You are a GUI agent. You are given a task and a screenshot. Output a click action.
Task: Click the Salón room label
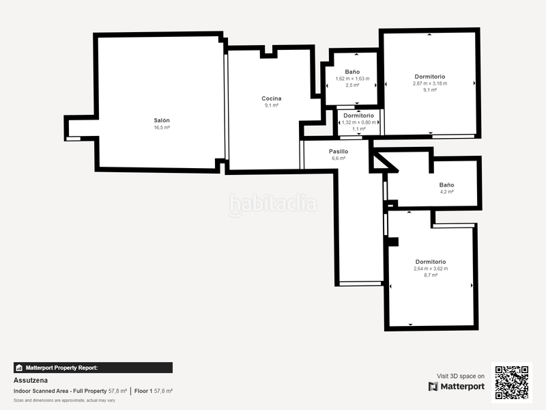[x=162, y=120]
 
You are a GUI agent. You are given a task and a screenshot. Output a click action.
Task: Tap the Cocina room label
[x=271, y=98]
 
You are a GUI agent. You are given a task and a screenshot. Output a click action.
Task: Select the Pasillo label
[x=339, y=151]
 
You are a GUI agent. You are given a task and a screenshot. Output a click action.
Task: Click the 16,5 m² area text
[x=162, y=128]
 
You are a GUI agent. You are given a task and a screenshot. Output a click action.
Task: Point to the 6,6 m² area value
[x=339, y=159]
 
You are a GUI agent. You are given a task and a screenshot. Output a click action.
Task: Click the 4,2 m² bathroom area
[x=447, y=192]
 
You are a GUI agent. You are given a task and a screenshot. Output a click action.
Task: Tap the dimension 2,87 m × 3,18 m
[x=430, y=83]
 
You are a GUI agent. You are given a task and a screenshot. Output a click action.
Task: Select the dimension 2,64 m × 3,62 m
[x=431, y=269]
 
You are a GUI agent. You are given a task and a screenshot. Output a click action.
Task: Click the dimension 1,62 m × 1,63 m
[x=352, y=79]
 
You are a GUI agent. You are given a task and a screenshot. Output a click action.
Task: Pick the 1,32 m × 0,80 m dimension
[x=358, y=122]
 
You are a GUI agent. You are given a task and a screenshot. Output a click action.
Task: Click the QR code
[x=511, y=382]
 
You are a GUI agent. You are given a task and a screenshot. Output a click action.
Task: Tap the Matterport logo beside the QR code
[x=457, y=387]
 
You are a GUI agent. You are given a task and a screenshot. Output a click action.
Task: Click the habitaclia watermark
[x=272, y=204]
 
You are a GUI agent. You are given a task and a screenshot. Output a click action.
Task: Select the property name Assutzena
[x=31, y=380]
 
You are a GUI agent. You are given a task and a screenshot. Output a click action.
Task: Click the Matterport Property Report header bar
[x=93, y=368]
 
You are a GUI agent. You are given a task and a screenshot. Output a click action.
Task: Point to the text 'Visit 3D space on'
[x=461, y=376]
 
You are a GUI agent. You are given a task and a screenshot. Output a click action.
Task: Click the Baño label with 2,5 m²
[x=352, y=72]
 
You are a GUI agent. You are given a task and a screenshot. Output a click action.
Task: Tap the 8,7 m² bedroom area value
[x=431, y=275]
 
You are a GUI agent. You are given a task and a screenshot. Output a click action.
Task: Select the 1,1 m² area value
[x=358, y=129]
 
